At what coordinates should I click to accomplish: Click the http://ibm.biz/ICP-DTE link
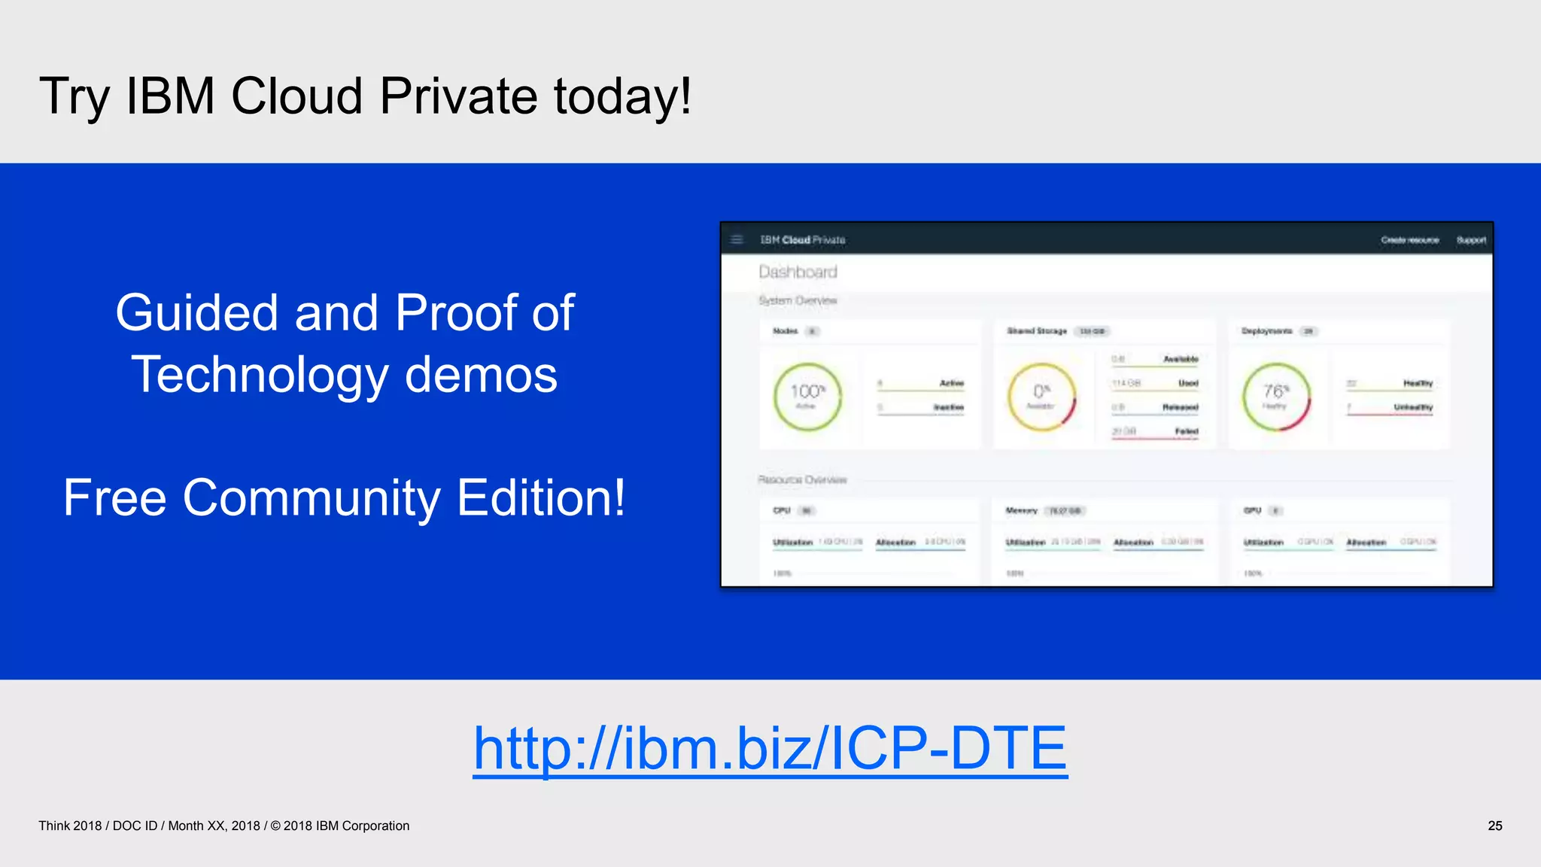pos(770,748)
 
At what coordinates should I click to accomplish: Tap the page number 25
pos(1494,826)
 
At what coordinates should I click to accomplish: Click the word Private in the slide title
pos(457,96)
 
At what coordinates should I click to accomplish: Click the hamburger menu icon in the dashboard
pos(737,240)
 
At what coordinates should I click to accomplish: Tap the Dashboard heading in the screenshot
pos(798,272)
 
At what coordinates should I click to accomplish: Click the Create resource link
pos(1409,240)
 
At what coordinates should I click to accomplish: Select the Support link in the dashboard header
pos(1471,240)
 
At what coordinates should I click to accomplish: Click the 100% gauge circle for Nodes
pos(807,397)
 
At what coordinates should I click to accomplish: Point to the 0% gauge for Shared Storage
pos(1041,397)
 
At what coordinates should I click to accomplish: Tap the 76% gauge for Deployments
pos(1276,397)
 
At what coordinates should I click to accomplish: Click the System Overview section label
pos(798,300)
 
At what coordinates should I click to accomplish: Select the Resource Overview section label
pos(802,479)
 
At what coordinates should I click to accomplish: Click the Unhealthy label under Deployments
pos(1412,407)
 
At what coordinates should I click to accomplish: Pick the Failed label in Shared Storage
pos(1186,431)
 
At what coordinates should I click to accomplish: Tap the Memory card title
pos(1021,510)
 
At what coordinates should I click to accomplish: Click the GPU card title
pos(1252,510)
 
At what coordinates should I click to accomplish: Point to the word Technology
pos(260,375)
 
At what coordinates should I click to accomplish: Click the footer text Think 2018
pos(70,826)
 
